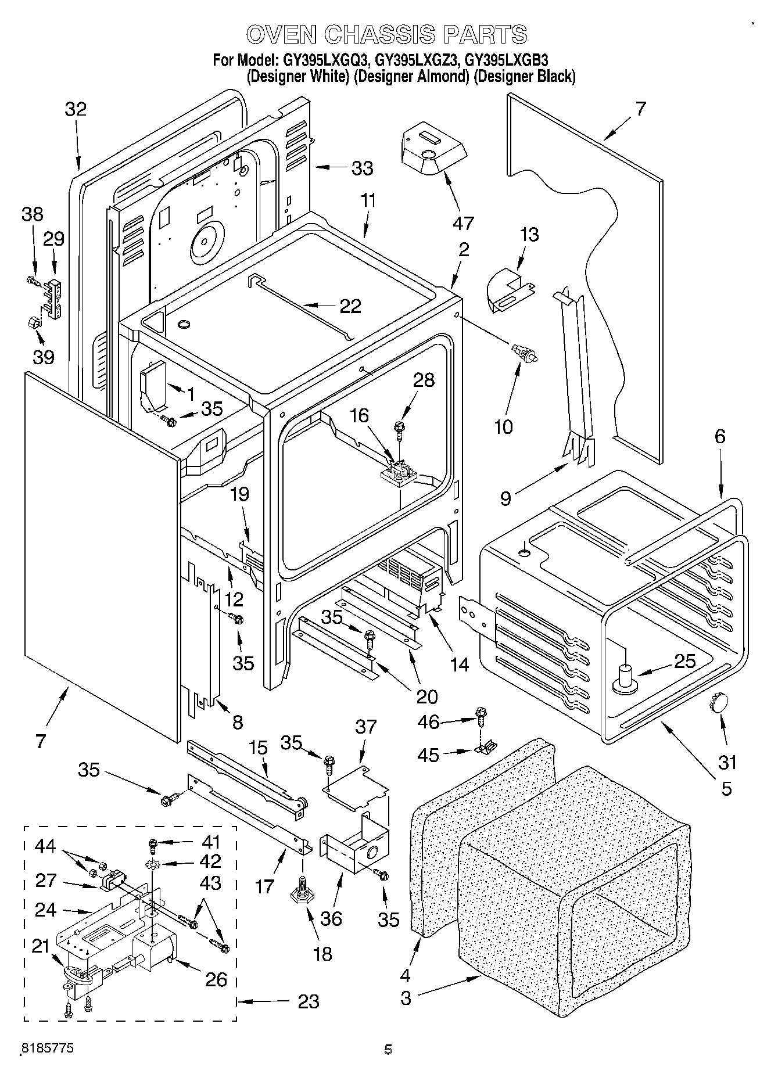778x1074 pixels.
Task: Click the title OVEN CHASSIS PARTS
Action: (387, 34)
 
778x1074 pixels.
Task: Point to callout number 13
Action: (529, 235)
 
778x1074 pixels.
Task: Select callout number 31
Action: (727, 762)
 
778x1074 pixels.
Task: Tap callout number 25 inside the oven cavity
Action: (684, 660)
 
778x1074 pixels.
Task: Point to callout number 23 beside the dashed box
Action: (309, 1001)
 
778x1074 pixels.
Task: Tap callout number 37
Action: (366, 727)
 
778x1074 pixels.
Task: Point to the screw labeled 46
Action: (480, 715)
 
